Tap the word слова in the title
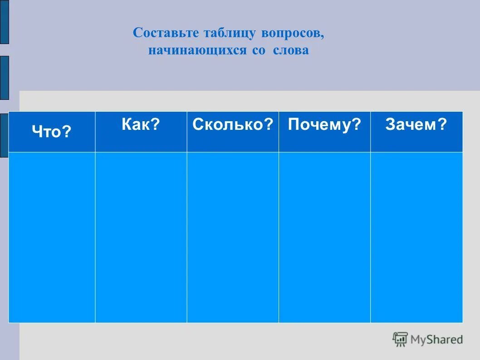point(291,50)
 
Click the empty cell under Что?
point(52,237)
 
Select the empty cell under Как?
point(141,237)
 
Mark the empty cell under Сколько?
point(233,237)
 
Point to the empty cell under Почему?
point(324,237)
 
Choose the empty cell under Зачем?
point(416,237)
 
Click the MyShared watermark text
point(436,339)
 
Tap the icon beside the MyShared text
point(400,339)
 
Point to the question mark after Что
point(68,132)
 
